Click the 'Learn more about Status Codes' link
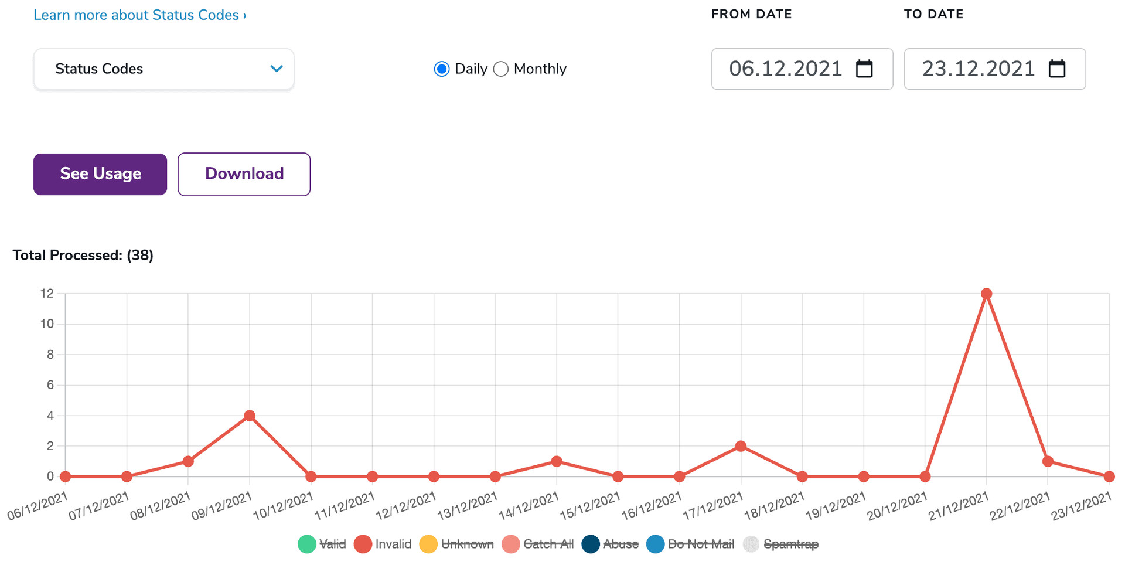(x=139, y=15)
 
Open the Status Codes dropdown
(x=163, y=69)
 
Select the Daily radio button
(x=442, y=69)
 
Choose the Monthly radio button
(x=501, y=69)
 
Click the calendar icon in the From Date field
(x=864, y=69)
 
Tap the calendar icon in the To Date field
(x=1057, y=69)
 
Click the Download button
(x=244, y=174)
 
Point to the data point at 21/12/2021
(x=986, y=294)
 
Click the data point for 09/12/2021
(x=250, y=416)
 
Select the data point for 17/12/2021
(x=741, y=446)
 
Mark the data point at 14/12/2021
(x=557, y=461)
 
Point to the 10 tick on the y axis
(x=47, y=324)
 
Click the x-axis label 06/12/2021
(x=37, y=506)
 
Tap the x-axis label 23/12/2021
(x=1081, y=506)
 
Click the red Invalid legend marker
(x=363, y=544)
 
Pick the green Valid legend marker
(x=306, y=544)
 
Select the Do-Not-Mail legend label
(x=701, y=544)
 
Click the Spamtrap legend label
(x=791, y=544)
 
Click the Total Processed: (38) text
(x=83, y=256)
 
